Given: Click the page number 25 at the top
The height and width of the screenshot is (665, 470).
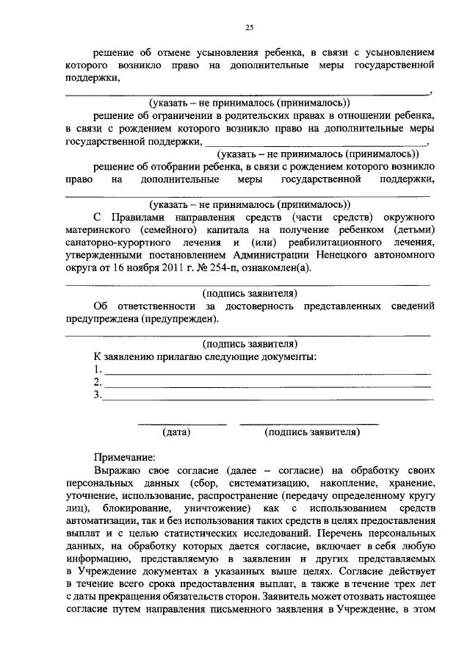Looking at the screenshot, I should click(x=249, y=27).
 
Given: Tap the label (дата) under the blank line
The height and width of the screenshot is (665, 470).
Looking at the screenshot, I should click(x=177, y=433).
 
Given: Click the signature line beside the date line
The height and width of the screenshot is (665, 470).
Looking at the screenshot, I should click(x=309, y=424).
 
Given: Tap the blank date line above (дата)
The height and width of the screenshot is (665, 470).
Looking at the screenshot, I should click(x=182, y=424).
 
